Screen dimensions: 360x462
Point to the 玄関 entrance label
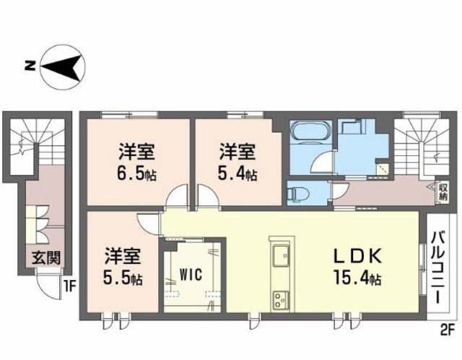click(x=45, y=258)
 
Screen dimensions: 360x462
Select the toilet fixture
click(x=298, y=193)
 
